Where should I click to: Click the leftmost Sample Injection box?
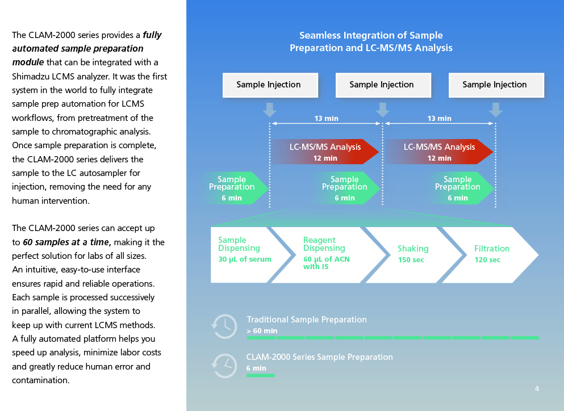[x=270, y=85]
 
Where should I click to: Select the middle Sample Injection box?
[x=383, y=85]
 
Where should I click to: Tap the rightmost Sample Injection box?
[x=496, y=85]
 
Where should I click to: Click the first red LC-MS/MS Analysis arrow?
[x=325, y=152]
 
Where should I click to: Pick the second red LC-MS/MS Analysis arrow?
[x=439, y=152]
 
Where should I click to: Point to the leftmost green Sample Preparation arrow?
[x=236, y=188]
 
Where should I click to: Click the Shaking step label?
[x=413, y=249]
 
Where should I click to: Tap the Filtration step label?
[x=492, y=249]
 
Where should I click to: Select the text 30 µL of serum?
[x=245, y=259]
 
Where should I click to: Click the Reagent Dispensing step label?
[x=324, y=244]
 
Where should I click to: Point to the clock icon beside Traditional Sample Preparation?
[x=224, y=326]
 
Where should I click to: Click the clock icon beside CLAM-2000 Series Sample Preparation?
[x=224, y=366]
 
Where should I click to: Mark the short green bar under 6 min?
[x=261, y=375]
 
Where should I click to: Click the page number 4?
[x=537, y=389]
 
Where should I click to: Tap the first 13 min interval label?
[x=326, y=118]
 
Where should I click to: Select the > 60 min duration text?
[x=262, y=331]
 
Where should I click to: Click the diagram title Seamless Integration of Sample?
[x=371, y=35]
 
